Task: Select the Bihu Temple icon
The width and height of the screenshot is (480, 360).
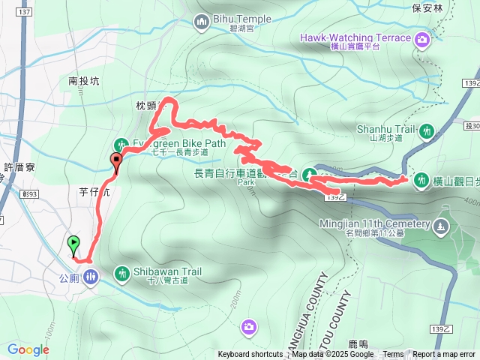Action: (200, 23)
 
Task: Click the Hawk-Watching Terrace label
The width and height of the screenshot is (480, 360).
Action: (355, 37)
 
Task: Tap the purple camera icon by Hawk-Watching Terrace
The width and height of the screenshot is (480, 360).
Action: (424, 38)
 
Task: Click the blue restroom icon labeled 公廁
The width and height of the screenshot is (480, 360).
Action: (90, 277)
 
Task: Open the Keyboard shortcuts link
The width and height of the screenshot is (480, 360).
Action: (250, 354)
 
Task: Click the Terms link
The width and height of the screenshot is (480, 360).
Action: (393, 354)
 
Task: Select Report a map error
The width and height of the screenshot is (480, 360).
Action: (445, 354)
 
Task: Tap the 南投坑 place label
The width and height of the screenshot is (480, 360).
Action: (83, 80)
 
